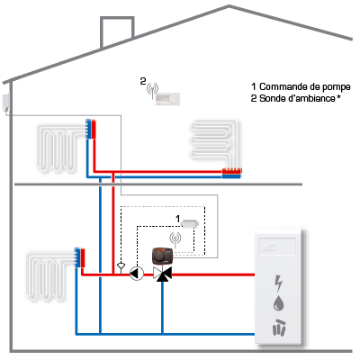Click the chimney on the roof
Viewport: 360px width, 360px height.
click(x=117, y=31)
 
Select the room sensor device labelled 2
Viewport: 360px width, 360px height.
click(x=167, y=99)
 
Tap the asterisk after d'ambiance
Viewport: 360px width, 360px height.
click(x=338, y=96)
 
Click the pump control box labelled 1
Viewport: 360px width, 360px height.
click(x=190, y=223)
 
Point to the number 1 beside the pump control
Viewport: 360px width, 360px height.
click(x=178, y=219)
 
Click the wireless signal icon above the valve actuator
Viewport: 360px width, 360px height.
click(x=175, y=239)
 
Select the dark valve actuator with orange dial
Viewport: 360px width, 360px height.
click(x=163, y=256)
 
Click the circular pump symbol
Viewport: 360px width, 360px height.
click(x=137, y=274)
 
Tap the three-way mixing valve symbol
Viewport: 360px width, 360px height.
click(x=162, y=274)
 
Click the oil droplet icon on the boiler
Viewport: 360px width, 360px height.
click(x=279, y=303)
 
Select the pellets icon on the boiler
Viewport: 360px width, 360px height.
click(x=279, y=327)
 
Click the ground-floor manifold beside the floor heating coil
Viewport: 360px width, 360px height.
click(x=80, y=257)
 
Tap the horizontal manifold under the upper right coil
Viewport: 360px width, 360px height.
click(x=231, y=174)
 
